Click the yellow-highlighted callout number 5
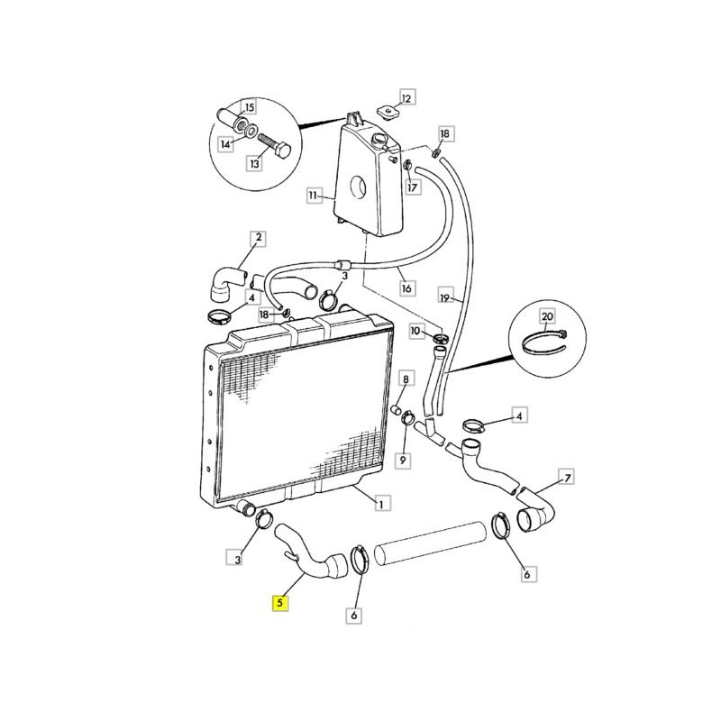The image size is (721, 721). [x=280, y=603]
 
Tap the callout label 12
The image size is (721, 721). [x=407, y=97]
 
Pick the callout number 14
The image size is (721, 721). [x=226, y=144]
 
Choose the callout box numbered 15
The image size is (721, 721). [x=250, y=107]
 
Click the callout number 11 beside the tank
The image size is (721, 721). [x=314, y=196]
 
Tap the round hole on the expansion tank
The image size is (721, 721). [x=358, y=187]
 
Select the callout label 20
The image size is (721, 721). [x=547, y=316]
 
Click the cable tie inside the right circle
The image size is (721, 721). [x=546, y=344]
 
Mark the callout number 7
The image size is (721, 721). [x=568, y=478]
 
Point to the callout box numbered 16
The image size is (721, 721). [x=406, y=288]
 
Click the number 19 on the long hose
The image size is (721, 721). [x=444, y=298]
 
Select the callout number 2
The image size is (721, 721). [x=259, y=238]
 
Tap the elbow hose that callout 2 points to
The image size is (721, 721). [x=227, y=284]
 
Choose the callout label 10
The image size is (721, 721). [x=416, y=331]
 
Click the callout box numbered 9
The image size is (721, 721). [x=403, y=460]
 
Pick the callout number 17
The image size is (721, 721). [x=413, y=187]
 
